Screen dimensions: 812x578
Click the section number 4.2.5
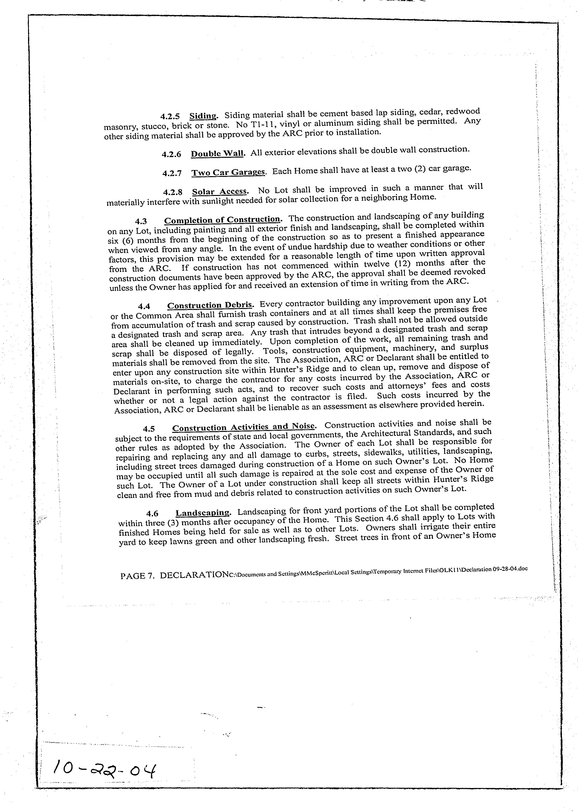click(170, 117)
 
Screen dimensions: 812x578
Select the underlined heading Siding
click(203, 116)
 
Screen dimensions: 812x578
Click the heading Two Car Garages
click(229, 172)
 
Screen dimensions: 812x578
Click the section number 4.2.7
click(172, 174)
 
